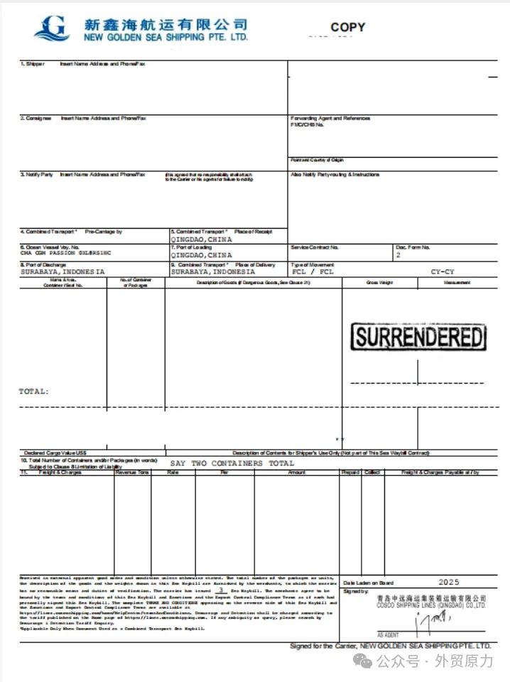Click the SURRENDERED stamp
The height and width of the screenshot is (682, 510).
419,337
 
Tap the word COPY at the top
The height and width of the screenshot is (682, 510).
348,27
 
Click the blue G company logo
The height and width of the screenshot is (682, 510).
52,28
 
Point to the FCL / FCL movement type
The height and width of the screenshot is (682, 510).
313,271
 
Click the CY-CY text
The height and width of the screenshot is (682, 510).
443,271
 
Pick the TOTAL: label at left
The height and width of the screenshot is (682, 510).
33,391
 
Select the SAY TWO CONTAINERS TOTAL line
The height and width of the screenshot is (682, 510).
232,463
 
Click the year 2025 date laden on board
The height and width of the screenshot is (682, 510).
450,583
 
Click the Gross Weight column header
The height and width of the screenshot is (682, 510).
379,283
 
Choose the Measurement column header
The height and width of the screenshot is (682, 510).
457,283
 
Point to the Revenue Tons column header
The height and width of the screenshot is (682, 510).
133,472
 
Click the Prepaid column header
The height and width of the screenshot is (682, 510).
350,472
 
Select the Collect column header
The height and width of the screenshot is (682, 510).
372,472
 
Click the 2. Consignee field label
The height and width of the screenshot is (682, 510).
36,118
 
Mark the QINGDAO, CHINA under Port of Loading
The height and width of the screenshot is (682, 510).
201,254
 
